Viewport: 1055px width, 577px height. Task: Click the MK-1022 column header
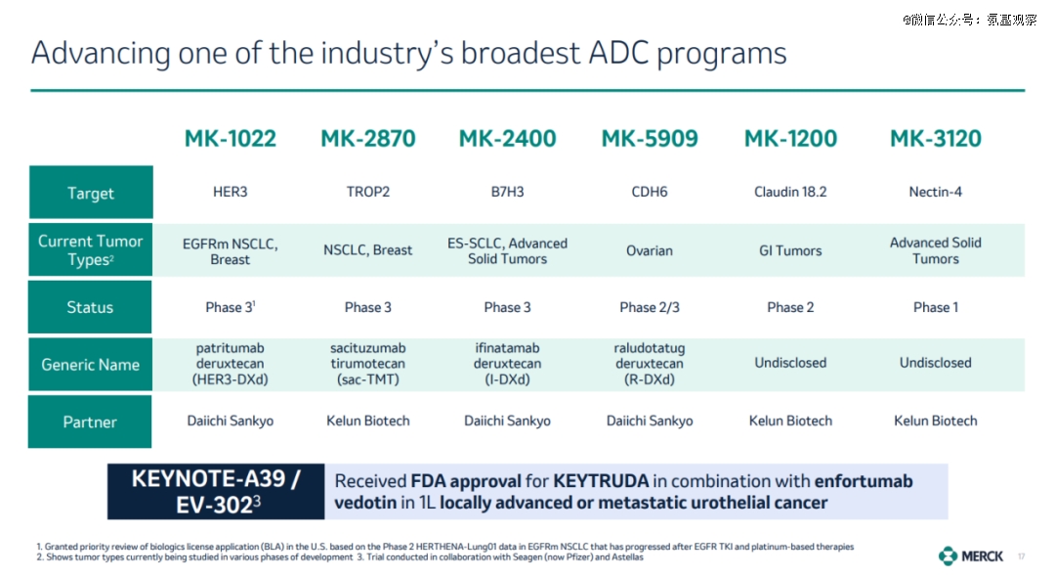click(x=231, y=139)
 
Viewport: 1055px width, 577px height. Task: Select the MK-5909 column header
click(x=650, y=139)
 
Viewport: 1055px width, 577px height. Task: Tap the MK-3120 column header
click(x=935, y=139)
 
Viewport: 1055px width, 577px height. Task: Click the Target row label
click(x=91, y=193)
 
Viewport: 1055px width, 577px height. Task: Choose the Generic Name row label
click(x=90, y=364)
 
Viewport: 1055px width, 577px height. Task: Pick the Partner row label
click(x=90, y=422)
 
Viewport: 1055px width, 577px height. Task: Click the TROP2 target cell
click(x=368, y=192)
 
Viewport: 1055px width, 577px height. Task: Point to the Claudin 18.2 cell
click(x=790, y=192)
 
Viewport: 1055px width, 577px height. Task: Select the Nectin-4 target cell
click(x=935, y=192)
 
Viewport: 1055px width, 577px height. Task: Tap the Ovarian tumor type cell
click(x=650, y=250)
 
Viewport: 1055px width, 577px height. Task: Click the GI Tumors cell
click(x=790, y=250)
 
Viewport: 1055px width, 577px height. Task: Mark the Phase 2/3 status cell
click(x=650, y=307)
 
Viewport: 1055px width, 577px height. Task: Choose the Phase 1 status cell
click(x=935, y=307)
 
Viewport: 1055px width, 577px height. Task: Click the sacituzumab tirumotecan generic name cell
click(x=368, y=364)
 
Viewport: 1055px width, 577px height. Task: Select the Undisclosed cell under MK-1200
click(x=790, y=363)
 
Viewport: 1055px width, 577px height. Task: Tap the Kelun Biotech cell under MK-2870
click(x=368, y=421)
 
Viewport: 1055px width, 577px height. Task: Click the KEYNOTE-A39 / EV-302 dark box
click(x=216, y=492)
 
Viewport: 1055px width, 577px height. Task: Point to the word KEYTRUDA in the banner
click(x=601, y=481)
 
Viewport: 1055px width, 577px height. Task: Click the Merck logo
click(x=971, y=556)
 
